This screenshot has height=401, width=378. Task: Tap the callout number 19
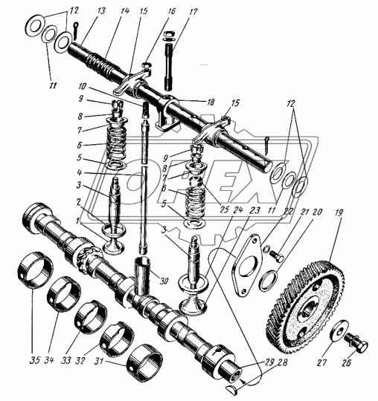point(339,212)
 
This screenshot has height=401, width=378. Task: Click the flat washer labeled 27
point(339,331)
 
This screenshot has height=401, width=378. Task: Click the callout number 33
point(66,361)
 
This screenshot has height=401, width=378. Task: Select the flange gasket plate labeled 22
point(247,266)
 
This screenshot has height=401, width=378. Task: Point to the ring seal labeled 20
point(268,281)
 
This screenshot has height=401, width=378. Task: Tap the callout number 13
point(101,11)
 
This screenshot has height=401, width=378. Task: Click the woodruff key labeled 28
point(233,388)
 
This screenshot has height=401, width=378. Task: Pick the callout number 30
point(164,281)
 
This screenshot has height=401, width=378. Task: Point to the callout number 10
point(82,86)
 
